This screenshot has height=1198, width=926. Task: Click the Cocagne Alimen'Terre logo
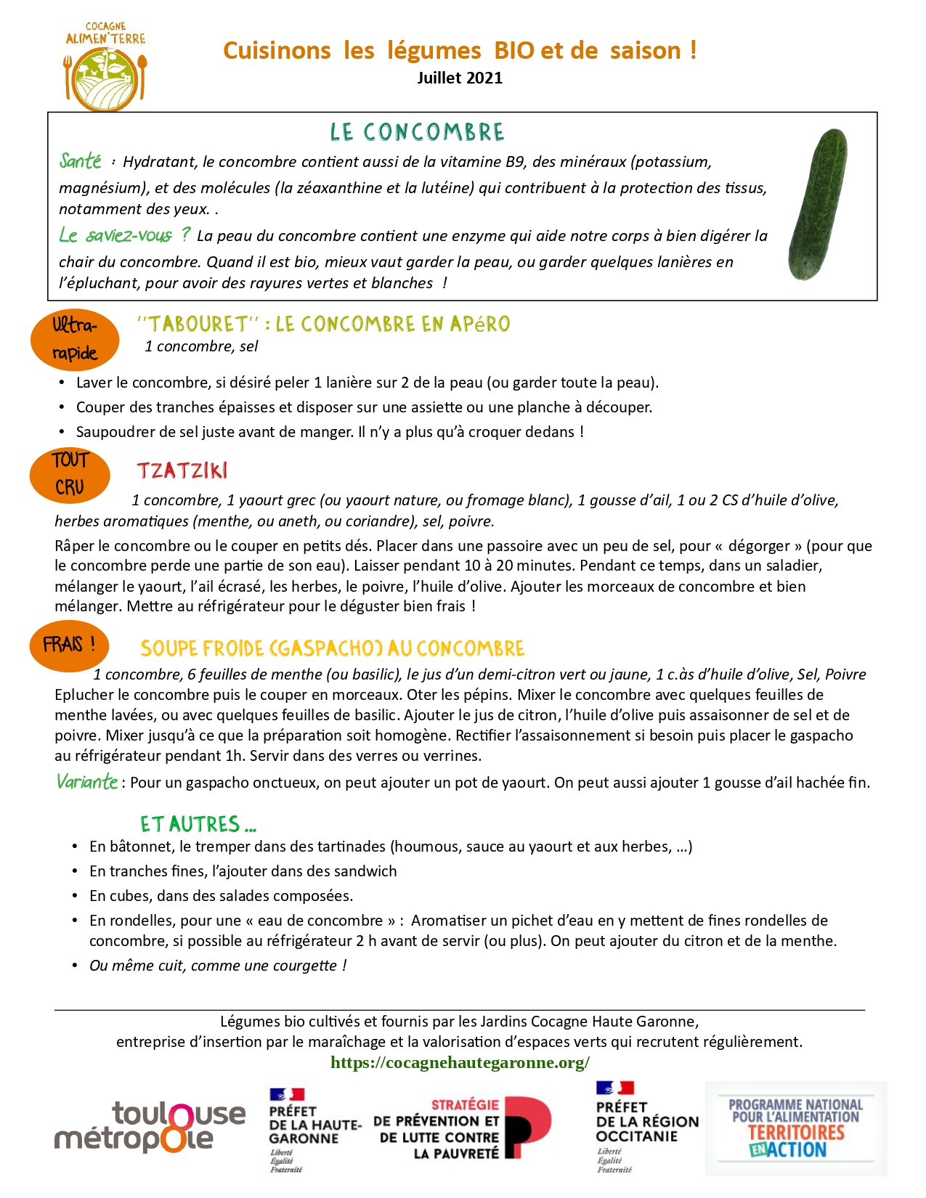tap(106, 67)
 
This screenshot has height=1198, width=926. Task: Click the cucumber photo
tap(819, 205)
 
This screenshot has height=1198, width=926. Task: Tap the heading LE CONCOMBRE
tap(417, 132)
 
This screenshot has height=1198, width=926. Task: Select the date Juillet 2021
tap(459, 78)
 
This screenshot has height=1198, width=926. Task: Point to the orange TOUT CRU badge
tap(70, 475)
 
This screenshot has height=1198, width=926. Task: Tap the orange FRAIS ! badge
tap(69, 645)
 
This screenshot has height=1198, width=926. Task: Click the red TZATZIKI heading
tap(182, 471)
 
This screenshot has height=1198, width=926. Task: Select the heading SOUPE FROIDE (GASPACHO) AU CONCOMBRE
tap(332, 648)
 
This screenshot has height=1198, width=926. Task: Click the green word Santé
tap(81, 160)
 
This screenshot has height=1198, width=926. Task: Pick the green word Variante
tap(87, 782)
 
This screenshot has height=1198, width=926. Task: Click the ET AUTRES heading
tap(198, 824)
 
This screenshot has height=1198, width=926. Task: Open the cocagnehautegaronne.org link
tap(460, 1062)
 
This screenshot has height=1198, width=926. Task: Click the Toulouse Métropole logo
tap(150, 1127)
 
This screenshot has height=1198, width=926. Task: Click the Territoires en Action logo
tap(795, 1128)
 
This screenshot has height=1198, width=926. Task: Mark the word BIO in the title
tap(514, 51)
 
